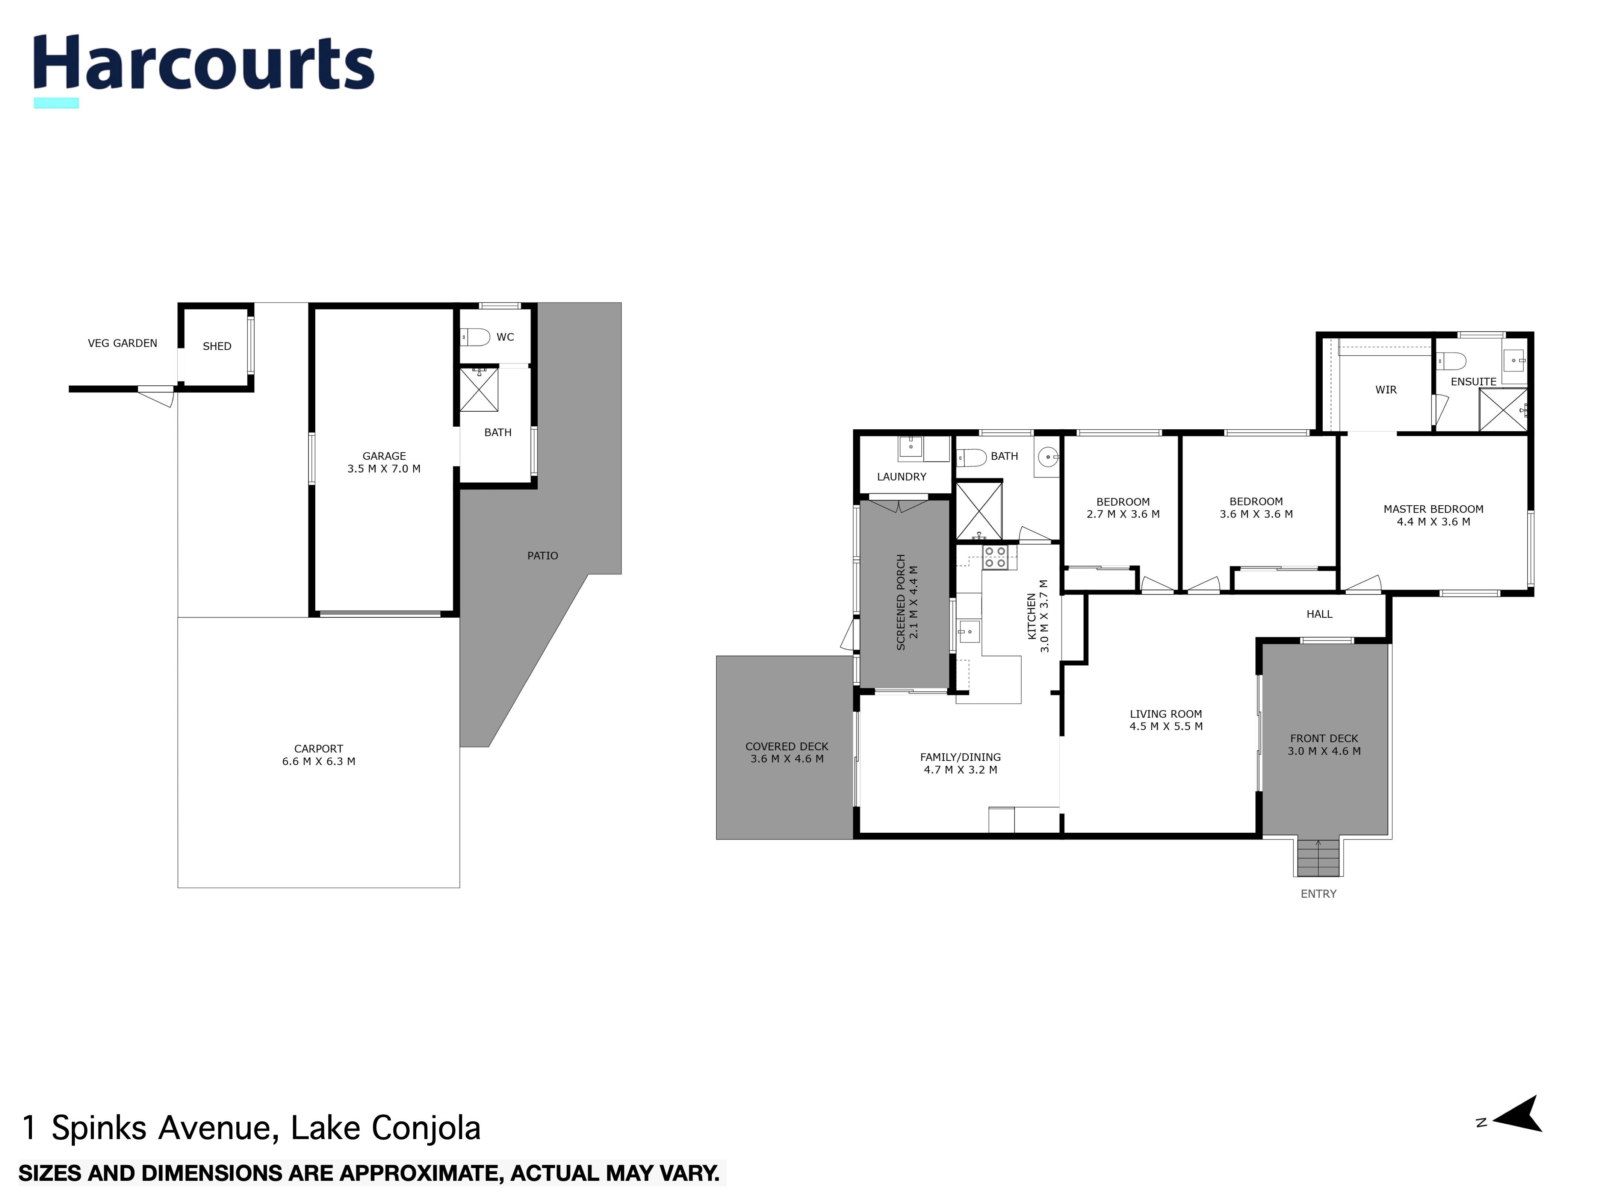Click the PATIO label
(x=542, y=556)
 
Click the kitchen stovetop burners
(x=994, y=557)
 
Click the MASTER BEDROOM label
(x=1433, y=509)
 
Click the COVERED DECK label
(x=786, y=746)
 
